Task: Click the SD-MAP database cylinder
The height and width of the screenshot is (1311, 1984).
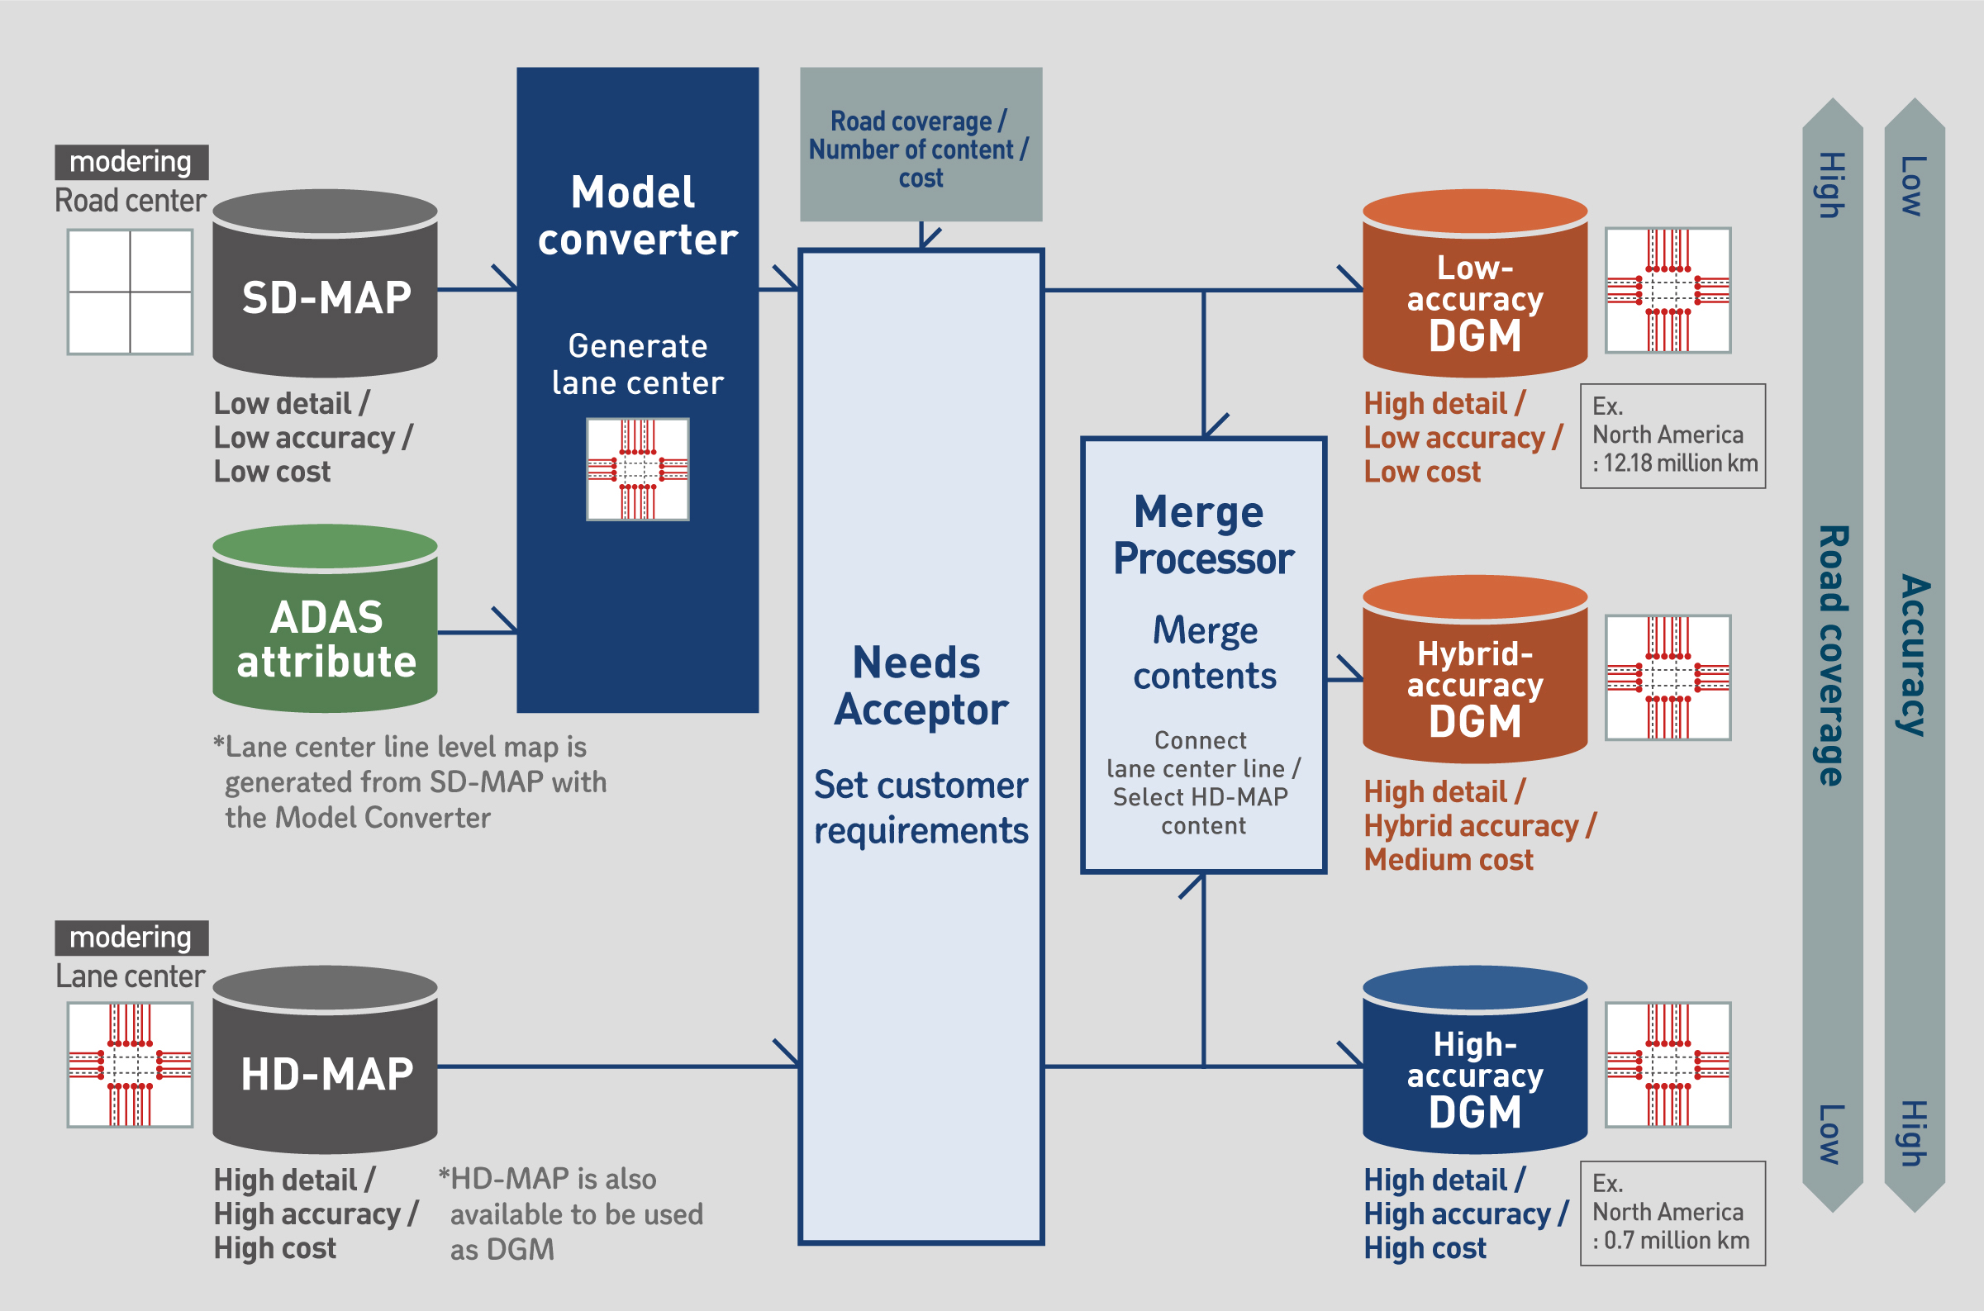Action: tap(326, 283)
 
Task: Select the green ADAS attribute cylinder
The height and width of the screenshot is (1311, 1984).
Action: tap(326, 619)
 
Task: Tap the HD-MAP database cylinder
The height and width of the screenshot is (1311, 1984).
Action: tap(326, 1060)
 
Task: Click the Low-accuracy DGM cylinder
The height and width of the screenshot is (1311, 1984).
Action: tap(1475, 283)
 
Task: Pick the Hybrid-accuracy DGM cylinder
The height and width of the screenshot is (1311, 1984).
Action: tap(1475, 669)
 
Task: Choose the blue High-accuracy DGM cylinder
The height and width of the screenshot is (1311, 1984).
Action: tap(1475, 1060)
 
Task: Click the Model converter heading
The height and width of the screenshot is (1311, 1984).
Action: tap(637, 216)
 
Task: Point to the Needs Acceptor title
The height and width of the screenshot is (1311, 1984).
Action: tap(921, 686)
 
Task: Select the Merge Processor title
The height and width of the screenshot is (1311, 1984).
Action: tap(1203, 535)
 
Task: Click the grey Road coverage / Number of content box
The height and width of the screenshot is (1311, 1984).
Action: tap(921, 145)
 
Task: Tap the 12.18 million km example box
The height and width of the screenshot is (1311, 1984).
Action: tap(1672, 435)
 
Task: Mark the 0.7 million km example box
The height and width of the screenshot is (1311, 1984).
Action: tap(1672, 1214)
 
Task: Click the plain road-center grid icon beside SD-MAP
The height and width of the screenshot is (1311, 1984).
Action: tap(131, 292)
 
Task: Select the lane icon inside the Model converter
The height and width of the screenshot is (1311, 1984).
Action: tap(638, 469)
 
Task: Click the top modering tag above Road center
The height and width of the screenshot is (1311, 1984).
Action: tap(131, 162)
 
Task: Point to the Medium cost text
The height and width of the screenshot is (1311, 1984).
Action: tap(1448, 859)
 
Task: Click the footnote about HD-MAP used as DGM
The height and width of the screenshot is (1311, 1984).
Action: tap(571, 1214)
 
